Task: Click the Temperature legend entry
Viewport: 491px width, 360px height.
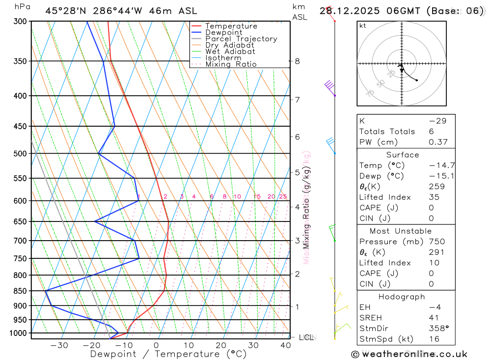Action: (x=231, y=26)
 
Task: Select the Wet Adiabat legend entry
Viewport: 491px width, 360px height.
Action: (x=230, y=52)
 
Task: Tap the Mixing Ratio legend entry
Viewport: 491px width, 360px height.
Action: (x=231, y=64)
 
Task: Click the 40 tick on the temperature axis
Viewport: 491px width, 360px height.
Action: (x=285, y=345)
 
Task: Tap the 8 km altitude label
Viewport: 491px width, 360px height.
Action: (x=297, y=61)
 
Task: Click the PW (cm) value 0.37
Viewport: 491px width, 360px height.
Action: (x=438, y=142)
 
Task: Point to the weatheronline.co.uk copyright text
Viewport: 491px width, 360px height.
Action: (x=409, y=354)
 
